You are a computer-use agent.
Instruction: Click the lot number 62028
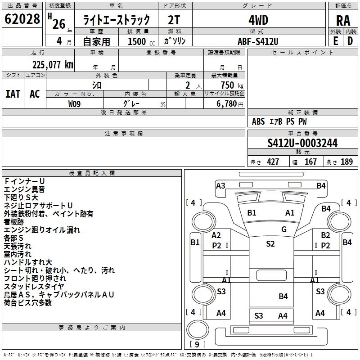click(x=22, y=19)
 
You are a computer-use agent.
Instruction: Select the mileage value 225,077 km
click(x=53, y=64)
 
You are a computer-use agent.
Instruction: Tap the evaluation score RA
click(x=343, y=21)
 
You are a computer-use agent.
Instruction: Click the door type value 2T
click(x=175, y=20)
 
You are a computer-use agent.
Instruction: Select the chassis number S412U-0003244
click(x=302, y=143)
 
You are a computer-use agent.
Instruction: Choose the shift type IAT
click(x=13, y=94)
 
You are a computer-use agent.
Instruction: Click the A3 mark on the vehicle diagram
click(x=220, y=185)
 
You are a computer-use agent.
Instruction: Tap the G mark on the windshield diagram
click(x=284, y=229)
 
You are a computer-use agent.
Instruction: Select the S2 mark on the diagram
click(x=270, y=243)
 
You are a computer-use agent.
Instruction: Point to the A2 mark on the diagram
click(x=216, y=235)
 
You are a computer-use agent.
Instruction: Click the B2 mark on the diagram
click(x=325, y=235)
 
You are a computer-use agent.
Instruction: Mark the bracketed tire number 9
click(x=196, y=345)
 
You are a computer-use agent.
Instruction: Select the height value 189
click(x=346, y=162)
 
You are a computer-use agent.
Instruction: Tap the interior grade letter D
click(x=350, y=41)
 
